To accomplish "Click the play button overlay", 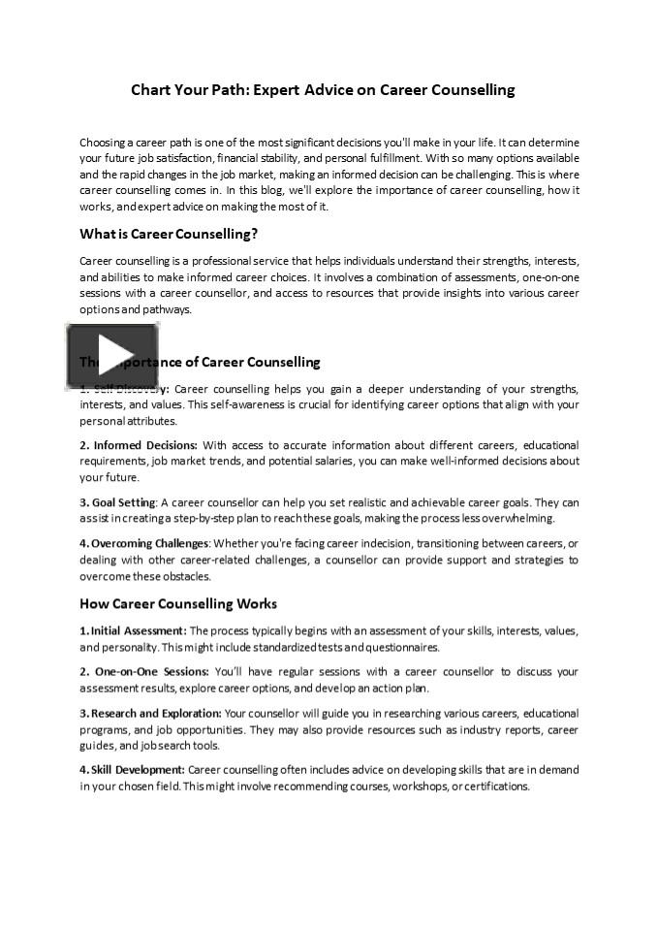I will pyautogui.click(x=112, y=356).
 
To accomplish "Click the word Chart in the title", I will pyautogui.click(x=153, y=90).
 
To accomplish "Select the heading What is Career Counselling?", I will pyautogui.click(x=168, y=234).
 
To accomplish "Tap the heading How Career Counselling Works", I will pyautogui.click(x=178, y=603).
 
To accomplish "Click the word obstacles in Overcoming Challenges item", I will pyautogui.click(x=183, y=576).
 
